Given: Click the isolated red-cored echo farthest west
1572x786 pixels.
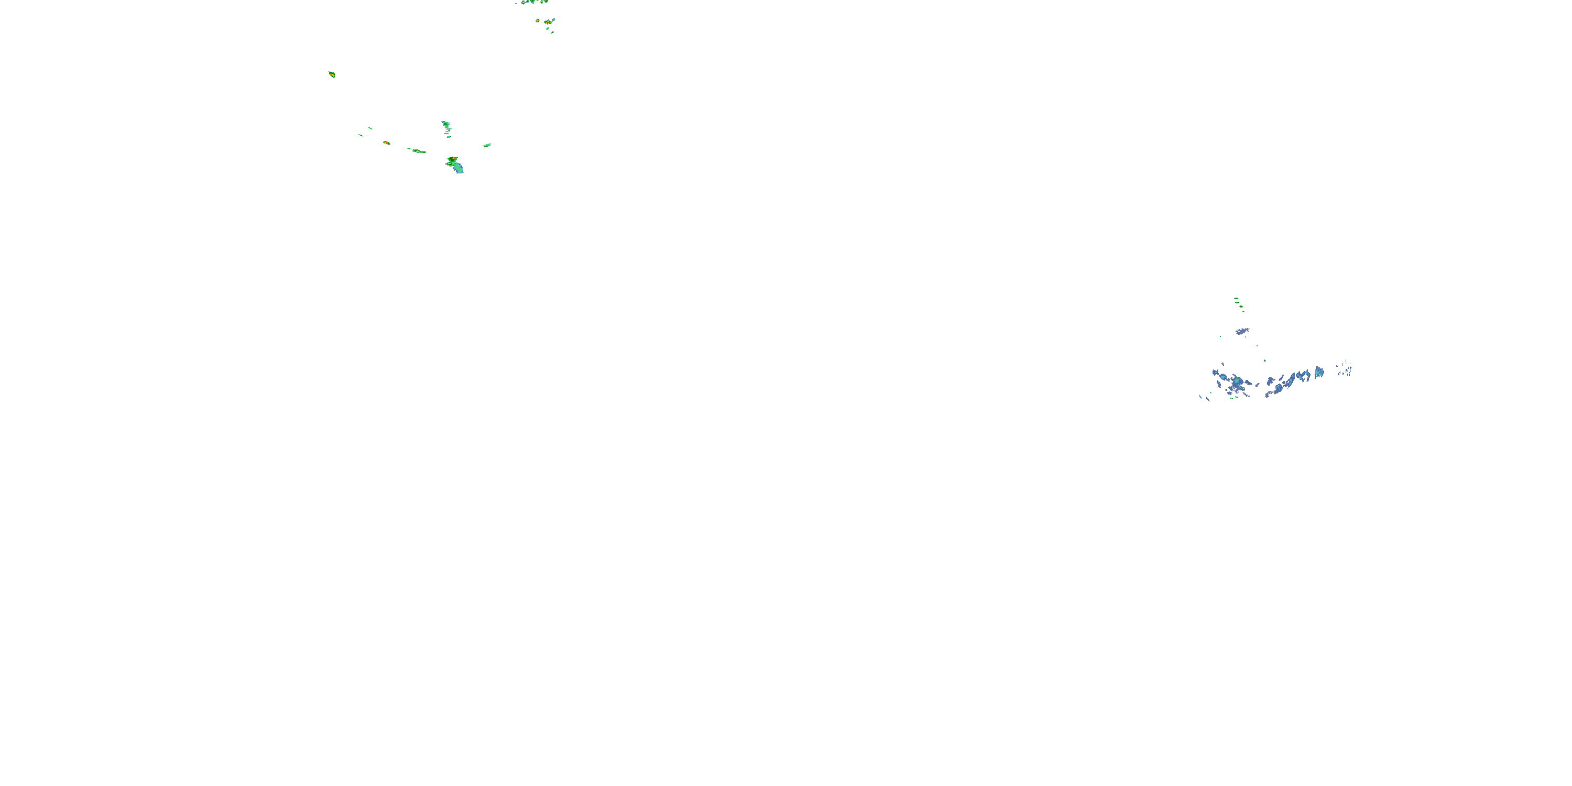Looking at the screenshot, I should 332,74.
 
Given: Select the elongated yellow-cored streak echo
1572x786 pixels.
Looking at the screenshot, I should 418,151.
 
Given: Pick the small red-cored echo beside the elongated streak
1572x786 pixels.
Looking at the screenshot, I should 386,143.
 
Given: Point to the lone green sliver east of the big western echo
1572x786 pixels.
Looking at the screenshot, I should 486,145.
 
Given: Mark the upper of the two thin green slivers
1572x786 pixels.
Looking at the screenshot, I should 370,128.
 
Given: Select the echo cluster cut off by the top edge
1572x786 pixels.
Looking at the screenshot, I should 533,2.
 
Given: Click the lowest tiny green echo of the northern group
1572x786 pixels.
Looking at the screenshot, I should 552,32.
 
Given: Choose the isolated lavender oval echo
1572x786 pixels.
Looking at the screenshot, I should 1242,331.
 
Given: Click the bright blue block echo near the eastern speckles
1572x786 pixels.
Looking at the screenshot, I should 1319,372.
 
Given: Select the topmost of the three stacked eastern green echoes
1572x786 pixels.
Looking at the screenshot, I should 1236,298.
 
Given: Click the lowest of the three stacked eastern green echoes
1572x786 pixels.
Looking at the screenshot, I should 1243,311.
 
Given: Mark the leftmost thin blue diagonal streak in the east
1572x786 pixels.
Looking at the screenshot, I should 1200,397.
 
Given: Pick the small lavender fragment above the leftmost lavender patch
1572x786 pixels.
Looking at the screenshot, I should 1222,364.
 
